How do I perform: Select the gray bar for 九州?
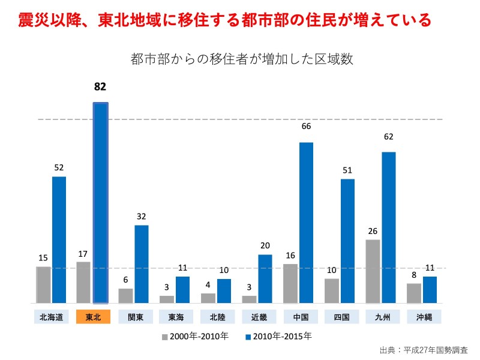coord(373,271)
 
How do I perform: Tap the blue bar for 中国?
coord(306,223)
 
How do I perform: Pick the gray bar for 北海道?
coord(43,284)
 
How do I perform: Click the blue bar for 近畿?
coord(265,278)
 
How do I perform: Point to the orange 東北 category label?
coord(93,317)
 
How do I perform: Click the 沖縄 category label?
coord(424,317)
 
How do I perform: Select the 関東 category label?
coord(134,317)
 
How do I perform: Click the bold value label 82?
coord(100,86)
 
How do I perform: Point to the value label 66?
coord(306,127)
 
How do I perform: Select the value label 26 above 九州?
coord(373,231)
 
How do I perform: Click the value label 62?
coord(389,136)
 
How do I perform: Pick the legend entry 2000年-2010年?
coord(195,337)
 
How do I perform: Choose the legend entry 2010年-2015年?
coord(279,337)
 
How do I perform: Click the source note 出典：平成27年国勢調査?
coord(424,350)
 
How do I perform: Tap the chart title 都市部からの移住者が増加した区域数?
coord(241,59)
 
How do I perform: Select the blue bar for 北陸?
coord(224,291)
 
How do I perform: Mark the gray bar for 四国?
coord(332,290)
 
